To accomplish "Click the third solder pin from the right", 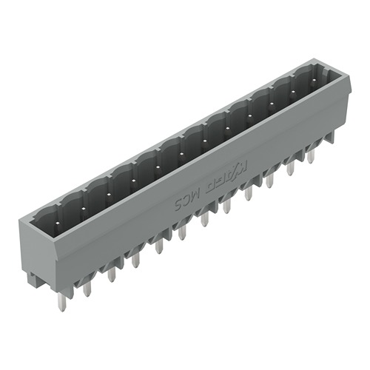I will point(269,178).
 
